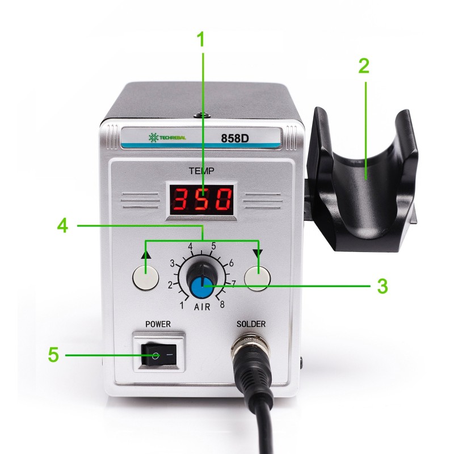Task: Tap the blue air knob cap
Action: pos(204,288)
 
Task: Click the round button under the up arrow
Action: pos(146,278)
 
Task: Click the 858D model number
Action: pos(235,138)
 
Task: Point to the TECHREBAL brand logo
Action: pos(167,137)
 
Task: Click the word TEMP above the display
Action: pos(201,171)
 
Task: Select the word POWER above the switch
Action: pos(158,324)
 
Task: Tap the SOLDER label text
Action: pos(251,324)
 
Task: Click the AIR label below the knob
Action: pos(202,307)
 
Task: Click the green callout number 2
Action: pos(364,66)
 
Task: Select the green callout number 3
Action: pos(382,286)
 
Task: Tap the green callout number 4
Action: pos(63,225)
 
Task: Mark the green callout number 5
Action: pos(53,354)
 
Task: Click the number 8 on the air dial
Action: pos(222,304)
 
